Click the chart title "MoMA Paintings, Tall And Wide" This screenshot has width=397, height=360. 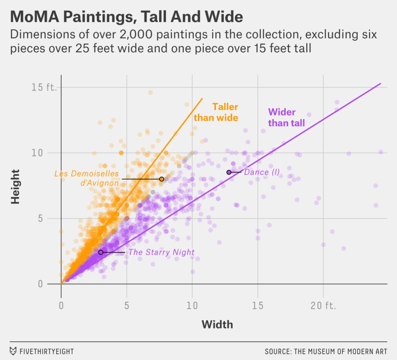(x=127, y=17)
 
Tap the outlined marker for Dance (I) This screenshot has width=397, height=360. (x=229, y=172)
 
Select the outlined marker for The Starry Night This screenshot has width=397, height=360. (x=100, y=252)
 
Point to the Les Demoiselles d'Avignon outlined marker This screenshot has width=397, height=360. (x=162, y=179)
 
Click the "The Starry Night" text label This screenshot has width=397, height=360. (x=162, y=252)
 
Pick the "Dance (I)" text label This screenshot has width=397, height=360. (x=262, y=172)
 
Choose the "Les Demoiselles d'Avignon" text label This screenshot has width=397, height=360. (x=87, y=178)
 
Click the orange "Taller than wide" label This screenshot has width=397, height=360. (x=216, y=112)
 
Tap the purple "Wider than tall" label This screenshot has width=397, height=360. (x=286, y=117)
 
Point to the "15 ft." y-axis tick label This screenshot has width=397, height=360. (x=44, y=87)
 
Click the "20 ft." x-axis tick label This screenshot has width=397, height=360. (x=323, y=306)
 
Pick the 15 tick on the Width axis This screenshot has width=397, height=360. (x=258, y=306)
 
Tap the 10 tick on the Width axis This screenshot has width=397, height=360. (x=192, y=306)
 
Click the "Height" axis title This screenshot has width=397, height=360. (x=15, y=186)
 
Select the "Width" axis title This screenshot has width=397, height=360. (x=217, y=325)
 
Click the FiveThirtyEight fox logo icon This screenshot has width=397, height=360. (x=13, y=351)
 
